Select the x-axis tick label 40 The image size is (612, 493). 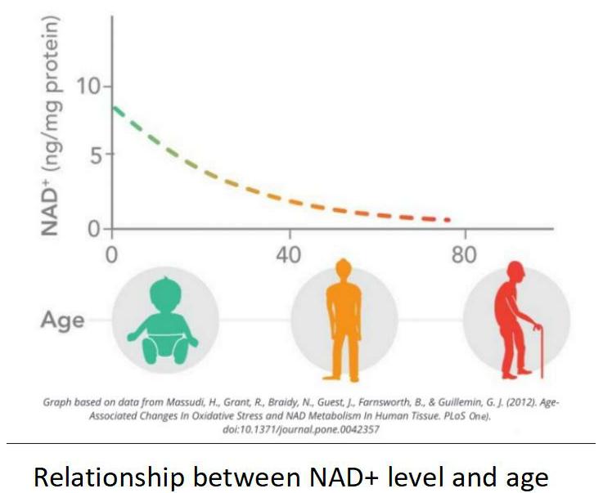(288, 255)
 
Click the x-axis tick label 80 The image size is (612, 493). (464, 255)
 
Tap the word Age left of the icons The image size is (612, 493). (62, 319)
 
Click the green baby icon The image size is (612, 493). (164, 318)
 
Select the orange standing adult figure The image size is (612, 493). (344, 319)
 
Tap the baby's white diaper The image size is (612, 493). (164, 337)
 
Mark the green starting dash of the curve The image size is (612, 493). (119, 111)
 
